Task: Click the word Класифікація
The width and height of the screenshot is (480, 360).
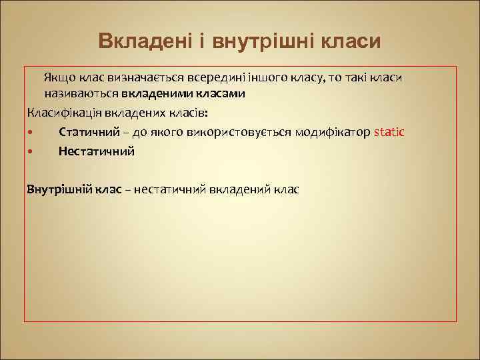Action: point(59,112)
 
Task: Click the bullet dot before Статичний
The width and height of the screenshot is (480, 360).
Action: point(31,132)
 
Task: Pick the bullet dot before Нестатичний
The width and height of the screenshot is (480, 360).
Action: point(31,151)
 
